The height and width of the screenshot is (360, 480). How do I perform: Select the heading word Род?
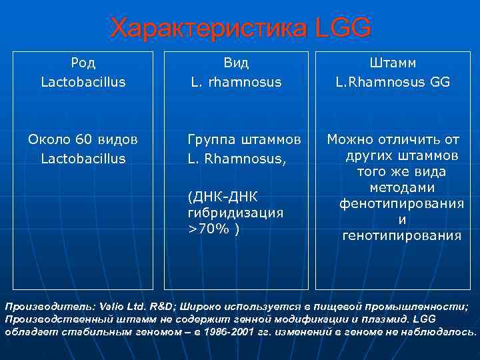(x=83, y=63)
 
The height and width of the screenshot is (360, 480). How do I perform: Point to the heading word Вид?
(x=236, y=63)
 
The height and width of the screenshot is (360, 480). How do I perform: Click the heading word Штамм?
(x=393, y=63)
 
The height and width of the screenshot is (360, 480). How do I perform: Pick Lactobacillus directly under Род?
(x=83, y=82)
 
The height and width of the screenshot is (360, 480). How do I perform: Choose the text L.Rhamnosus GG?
(x=393, y=82)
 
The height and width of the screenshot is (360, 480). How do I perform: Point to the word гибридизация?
(x=235, y=213)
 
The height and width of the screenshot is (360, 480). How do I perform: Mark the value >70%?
(x=209, y=229)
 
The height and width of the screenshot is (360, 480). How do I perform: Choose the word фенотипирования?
(x=401, y=203)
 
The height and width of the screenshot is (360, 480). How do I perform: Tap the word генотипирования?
(x=401, y=235)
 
